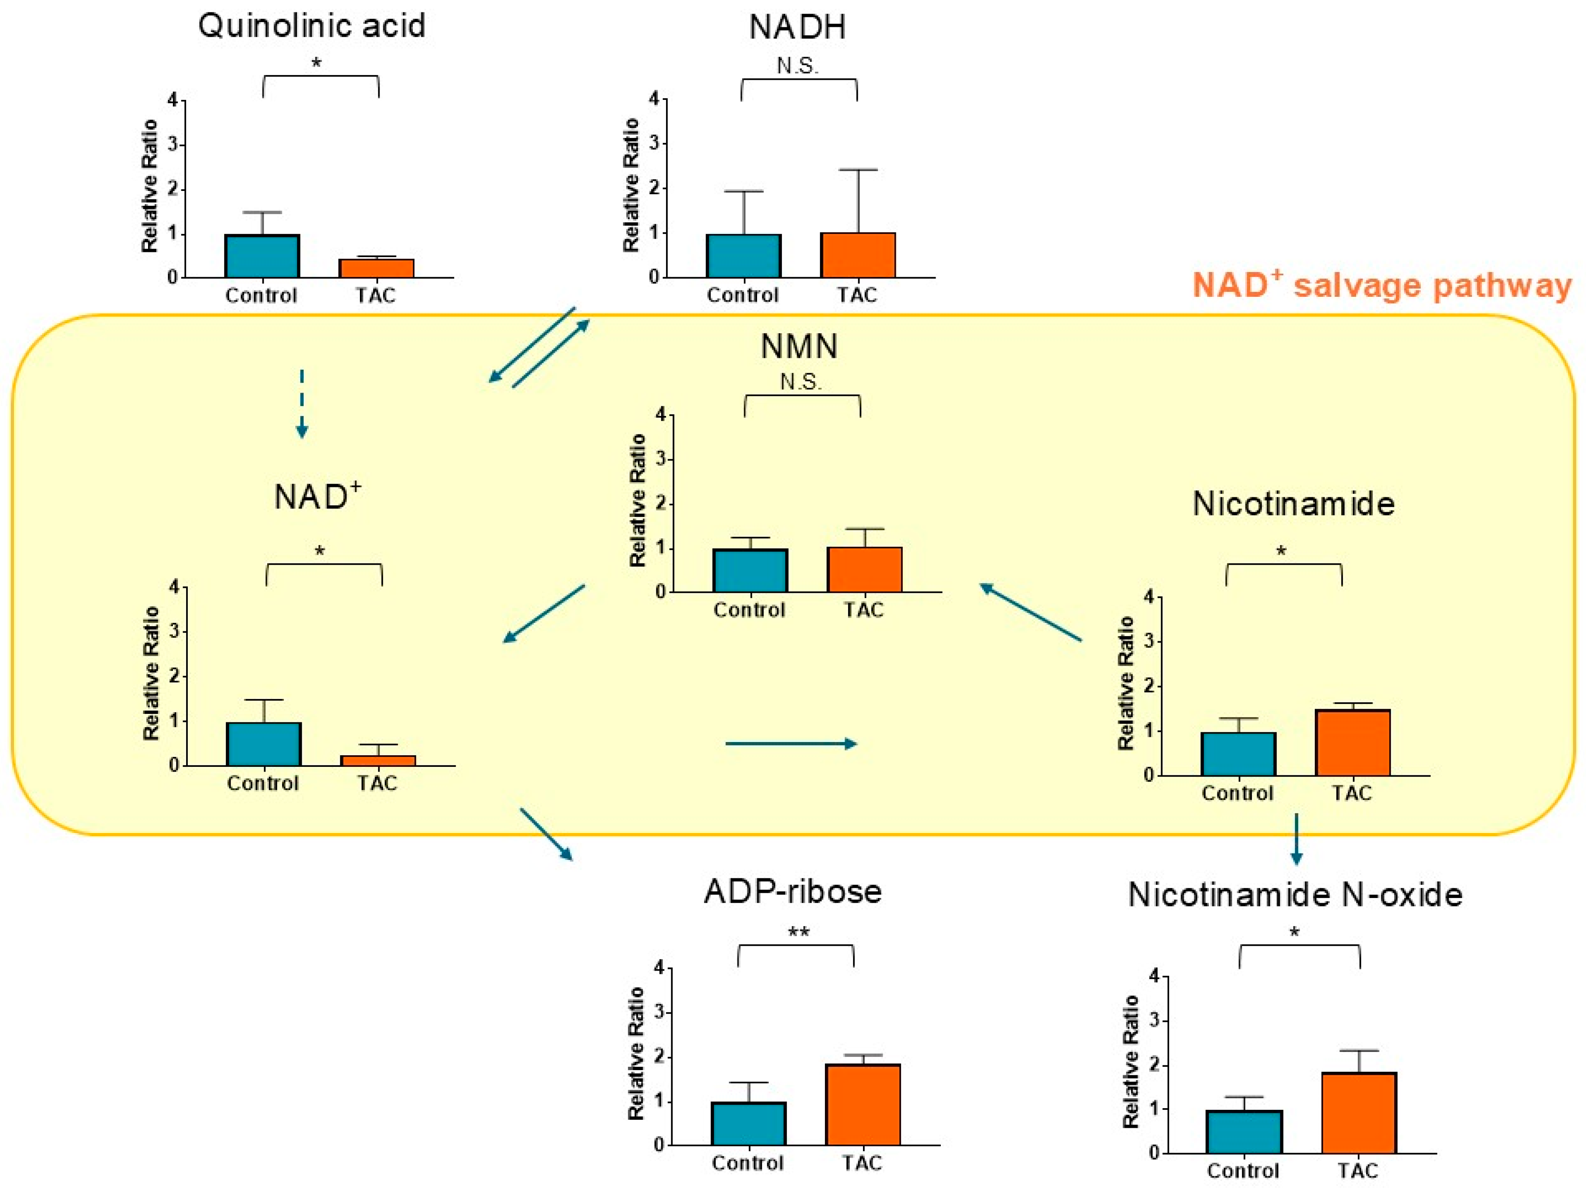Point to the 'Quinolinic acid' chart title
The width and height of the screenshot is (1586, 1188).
(x=311, y=26)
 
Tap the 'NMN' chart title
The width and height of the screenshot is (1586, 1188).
(x=799, y=347)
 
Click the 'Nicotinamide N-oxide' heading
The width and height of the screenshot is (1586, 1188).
(x=1295, y=895)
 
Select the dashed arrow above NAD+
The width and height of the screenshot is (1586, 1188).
(x=302, y=403)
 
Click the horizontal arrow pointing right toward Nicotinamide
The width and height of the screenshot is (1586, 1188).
(x=791, y=744)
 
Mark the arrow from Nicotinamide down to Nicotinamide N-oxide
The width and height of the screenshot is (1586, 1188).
(x=1296, y=839)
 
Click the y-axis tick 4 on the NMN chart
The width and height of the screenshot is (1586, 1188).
(x=660, y=414)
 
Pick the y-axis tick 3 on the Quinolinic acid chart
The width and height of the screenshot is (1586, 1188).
(x=172, y=145)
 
